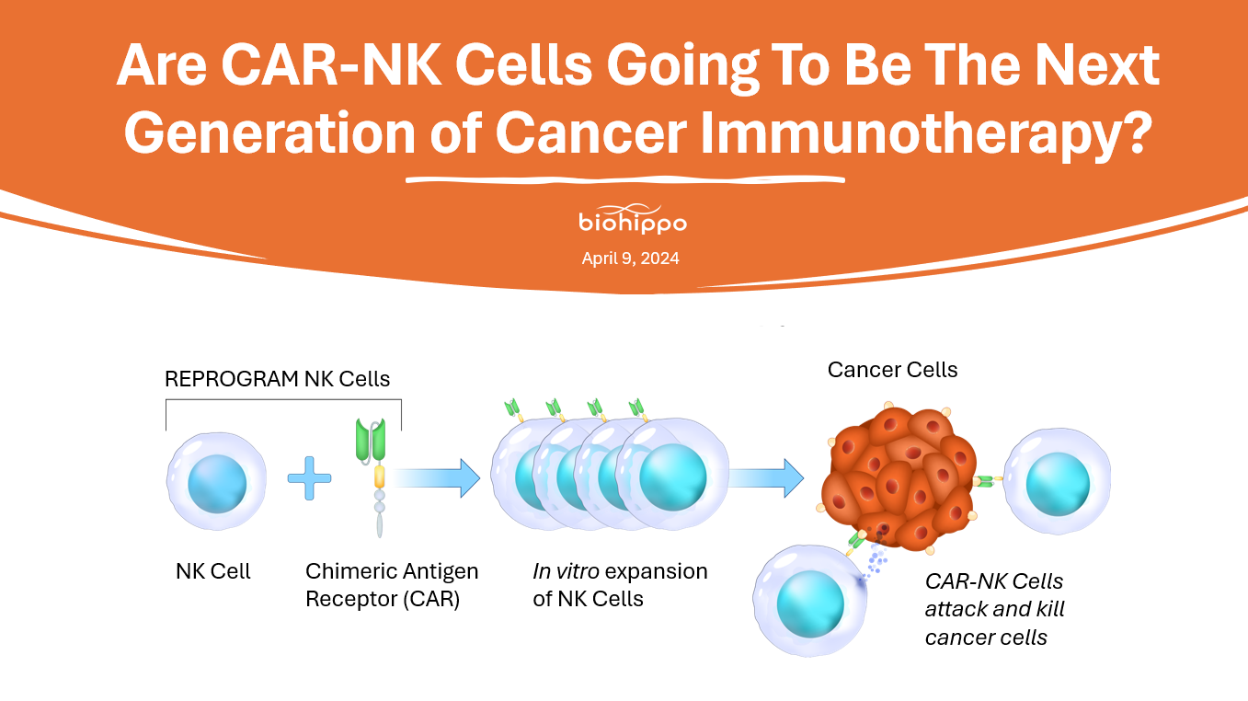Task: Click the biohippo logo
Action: pos(633,218)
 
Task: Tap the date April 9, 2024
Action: pos(630,259)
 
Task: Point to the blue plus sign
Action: pos(309,478)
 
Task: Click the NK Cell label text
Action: pos(212,571)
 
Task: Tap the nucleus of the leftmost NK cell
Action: pos(217,484)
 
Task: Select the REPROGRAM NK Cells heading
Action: pos(277,379)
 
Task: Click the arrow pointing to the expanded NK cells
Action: pos(435,478)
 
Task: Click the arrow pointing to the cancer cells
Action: pos(767,478)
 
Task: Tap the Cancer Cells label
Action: pos(892,370)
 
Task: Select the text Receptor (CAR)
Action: pos(383,599)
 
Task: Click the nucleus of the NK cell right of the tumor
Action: pos(1058,484)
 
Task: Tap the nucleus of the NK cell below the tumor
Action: pos(810,604)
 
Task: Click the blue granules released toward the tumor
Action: pos(875,557)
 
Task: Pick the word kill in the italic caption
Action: pos(1049,609)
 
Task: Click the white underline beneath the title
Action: pos(625,179)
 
